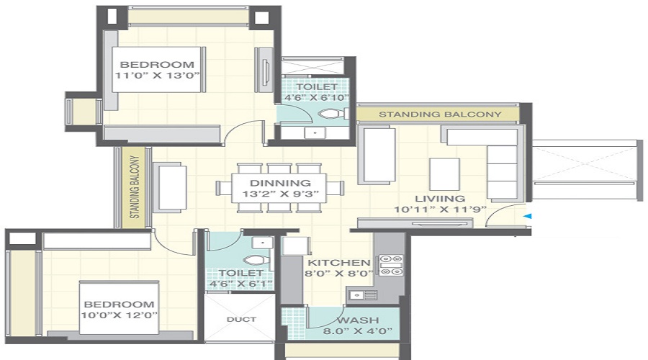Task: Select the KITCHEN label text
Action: click(x=339, y=263)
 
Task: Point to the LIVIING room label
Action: click(x=439, y=198)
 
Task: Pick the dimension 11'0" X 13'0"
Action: click(x=157, y=75)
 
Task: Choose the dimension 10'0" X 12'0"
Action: click(x=120, y=315)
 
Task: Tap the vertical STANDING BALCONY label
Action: click(x=135, y=188)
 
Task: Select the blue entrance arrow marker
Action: click(x=527, y=215)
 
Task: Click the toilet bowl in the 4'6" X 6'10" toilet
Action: click(x=330, y=114)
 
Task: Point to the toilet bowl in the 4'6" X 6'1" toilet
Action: click(x=253, y=261)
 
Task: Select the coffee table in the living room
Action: click(x=444, y=174)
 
